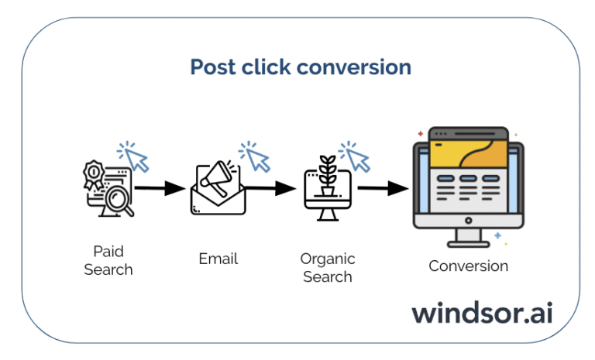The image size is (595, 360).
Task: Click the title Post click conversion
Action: [301, 67]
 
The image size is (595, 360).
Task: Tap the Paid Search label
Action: [108, 261]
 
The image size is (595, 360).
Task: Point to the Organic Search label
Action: [328, 267]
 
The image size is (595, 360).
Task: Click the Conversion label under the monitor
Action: [469, 266]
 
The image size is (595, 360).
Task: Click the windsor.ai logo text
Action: [483, 313]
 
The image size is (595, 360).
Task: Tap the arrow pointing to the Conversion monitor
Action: [383, 188]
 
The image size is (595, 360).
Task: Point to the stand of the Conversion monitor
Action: [467, 236]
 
